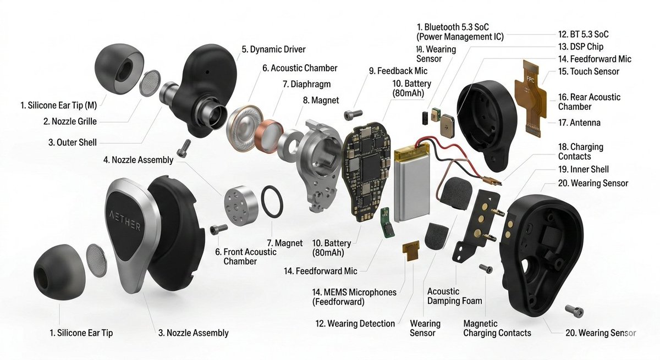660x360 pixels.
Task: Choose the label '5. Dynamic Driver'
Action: tap(273, 49)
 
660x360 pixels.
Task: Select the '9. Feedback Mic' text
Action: tap(398, 71)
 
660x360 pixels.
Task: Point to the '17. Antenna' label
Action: tap(579, 123)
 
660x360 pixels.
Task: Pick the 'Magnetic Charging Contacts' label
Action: tap(497, 328)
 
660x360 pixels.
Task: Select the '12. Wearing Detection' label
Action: tap(355, 324)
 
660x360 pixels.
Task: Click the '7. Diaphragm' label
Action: tap(302, 85)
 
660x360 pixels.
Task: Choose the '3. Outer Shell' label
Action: tap(72, 142)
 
